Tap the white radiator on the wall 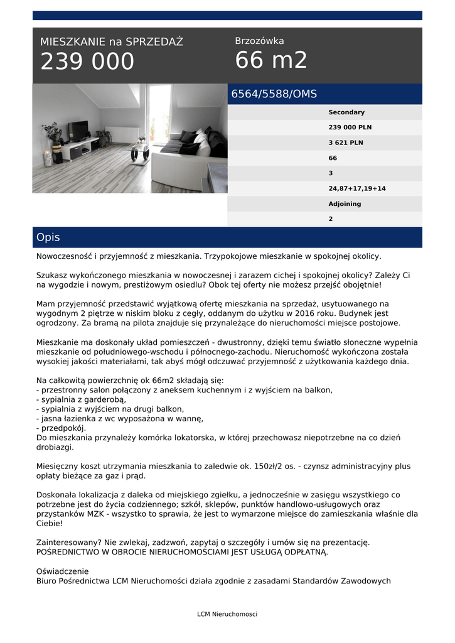(122, 134)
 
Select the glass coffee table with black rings (140, 153)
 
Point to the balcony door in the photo (159, 113)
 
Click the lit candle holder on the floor (48, 158)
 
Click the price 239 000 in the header (87, 62)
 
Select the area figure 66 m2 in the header (271, 60)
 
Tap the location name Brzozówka (259, 41)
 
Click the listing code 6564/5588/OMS (274, 94)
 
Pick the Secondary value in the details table (346, 112)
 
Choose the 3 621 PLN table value (346, 143)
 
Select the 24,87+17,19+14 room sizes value (357, 188)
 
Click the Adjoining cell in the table (345, 204)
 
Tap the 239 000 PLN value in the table (350, 127)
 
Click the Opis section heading (48, 237)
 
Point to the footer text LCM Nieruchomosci (227, 614)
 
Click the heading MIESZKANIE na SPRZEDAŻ (112, 42)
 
